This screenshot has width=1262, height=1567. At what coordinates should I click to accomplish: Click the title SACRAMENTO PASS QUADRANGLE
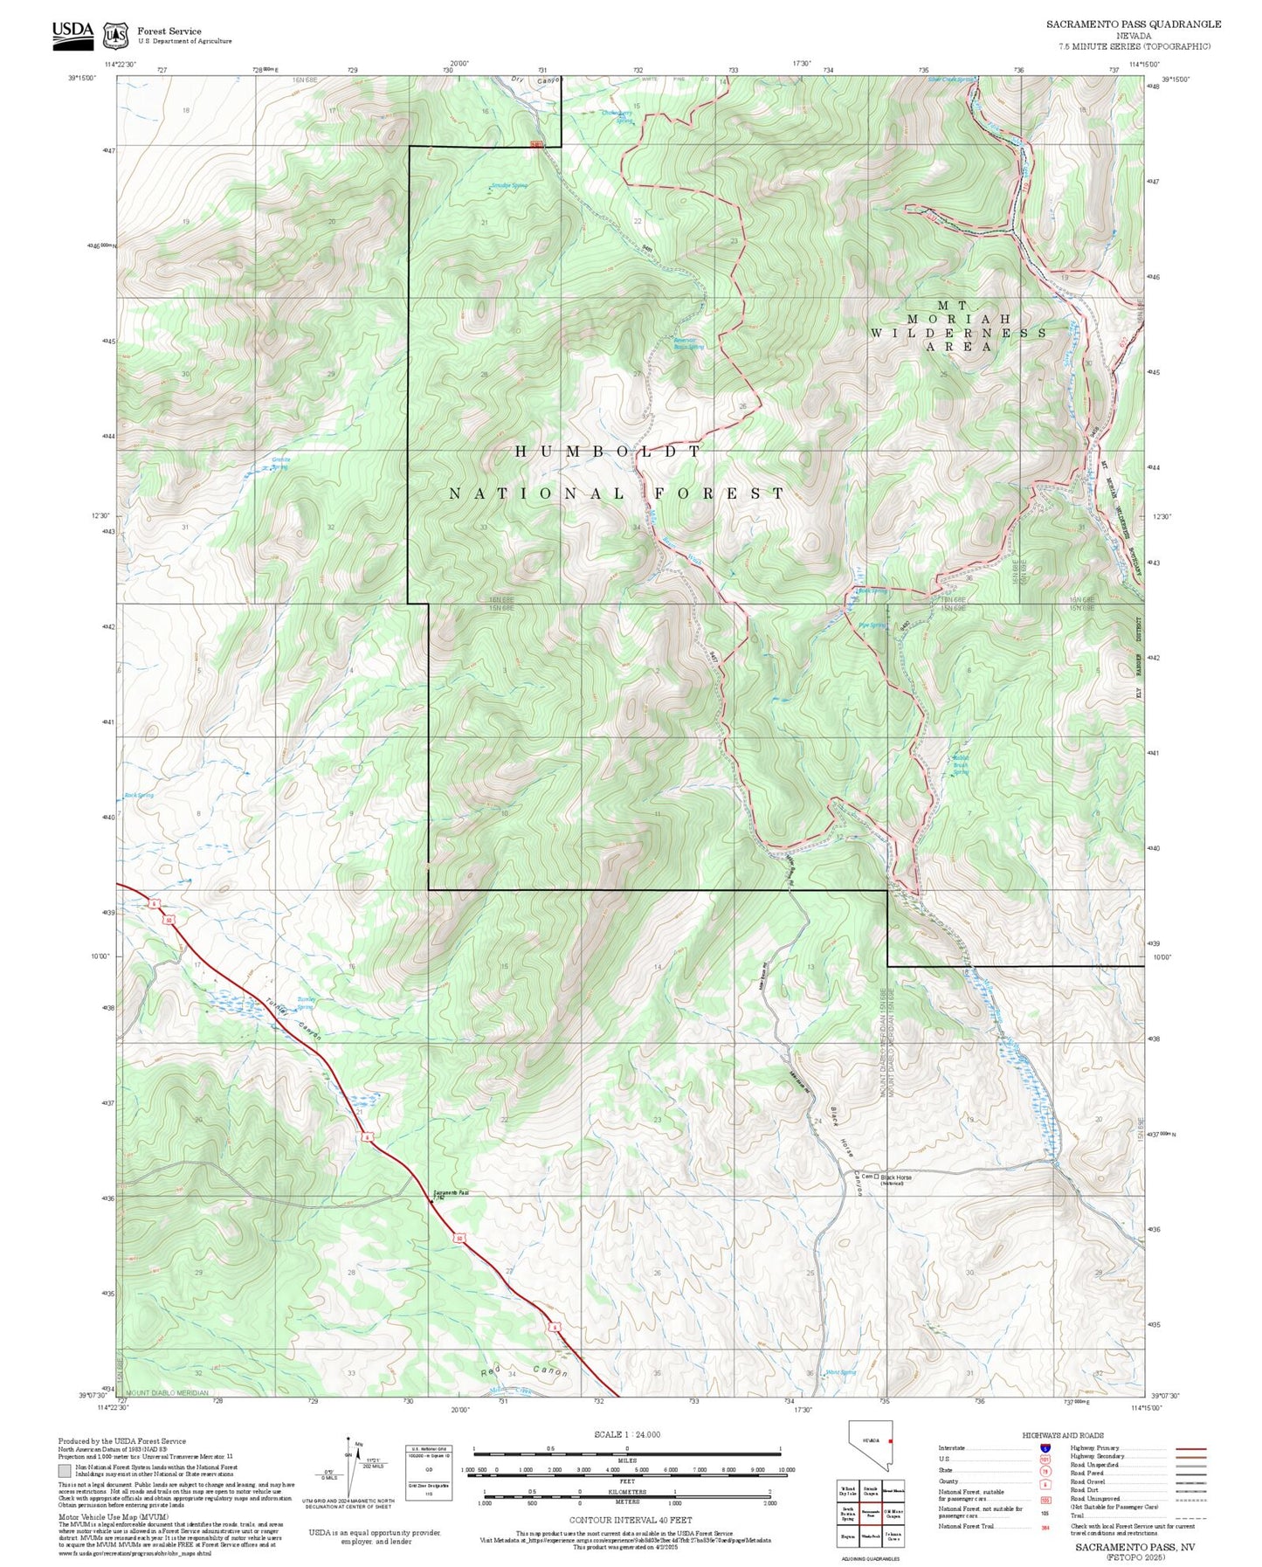coord(1134,24)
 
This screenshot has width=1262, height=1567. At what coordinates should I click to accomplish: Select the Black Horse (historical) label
coord(895,1178)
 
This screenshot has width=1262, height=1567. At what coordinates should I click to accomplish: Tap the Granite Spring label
coord(281,462)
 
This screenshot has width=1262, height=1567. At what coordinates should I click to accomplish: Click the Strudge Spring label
coord(508,185)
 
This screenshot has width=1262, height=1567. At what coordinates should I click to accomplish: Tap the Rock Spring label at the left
coord(139,795)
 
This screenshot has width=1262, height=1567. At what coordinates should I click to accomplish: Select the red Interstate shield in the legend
coord(1045,1448)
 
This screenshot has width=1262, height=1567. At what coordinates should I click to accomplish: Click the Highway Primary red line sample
coord(1190,1448)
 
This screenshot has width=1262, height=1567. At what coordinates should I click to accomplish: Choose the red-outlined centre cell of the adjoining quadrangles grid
coord(870,1512)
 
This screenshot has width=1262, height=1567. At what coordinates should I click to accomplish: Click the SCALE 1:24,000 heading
coord(627,1434)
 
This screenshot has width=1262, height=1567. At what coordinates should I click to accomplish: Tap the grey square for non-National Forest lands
coord(65,1471)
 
